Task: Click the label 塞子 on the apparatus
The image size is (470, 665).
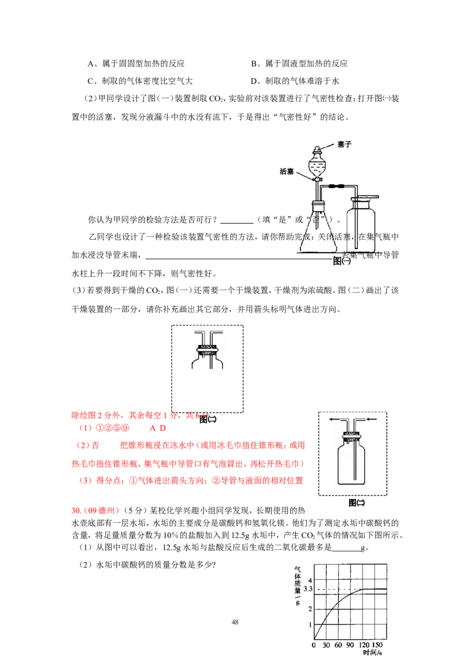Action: coord(344,145)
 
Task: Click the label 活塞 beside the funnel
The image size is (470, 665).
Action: coord(287,172)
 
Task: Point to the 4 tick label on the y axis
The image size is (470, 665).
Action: coord(310,580)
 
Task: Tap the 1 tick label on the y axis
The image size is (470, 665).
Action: coord(310,624)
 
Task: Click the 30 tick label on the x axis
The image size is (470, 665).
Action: coord(326,645)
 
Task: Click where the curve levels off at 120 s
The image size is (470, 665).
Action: coord(363,589)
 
